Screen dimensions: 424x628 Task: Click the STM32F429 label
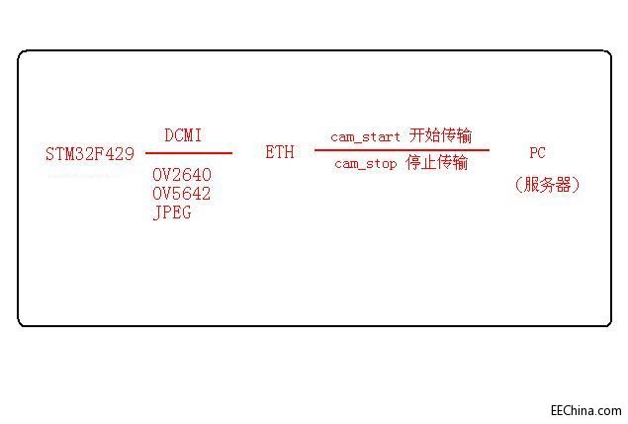coord(90,154)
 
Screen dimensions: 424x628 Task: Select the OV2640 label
coord(182,174)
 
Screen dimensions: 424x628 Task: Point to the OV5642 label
coord(182,194)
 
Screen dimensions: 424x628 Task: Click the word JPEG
coord(172,212)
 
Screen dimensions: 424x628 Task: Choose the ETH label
coord(280,153)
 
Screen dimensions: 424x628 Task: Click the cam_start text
coord(366,136)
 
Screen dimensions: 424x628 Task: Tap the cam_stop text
coord(364,164)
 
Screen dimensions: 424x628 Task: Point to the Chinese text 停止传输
coord(437,163)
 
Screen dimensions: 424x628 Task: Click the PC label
coord(537,153)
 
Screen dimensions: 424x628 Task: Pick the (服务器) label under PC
coord(547,185)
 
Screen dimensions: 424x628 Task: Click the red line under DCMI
coord(189,153)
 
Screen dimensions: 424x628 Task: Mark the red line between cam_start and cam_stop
coord(402,150)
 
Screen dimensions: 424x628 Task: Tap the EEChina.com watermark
coord(586,410)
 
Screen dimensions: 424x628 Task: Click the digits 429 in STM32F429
coord(120,154)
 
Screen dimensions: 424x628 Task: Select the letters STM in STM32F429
coord(60,154)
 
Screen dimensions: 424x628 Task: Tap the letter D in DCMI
coord(168,135)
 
